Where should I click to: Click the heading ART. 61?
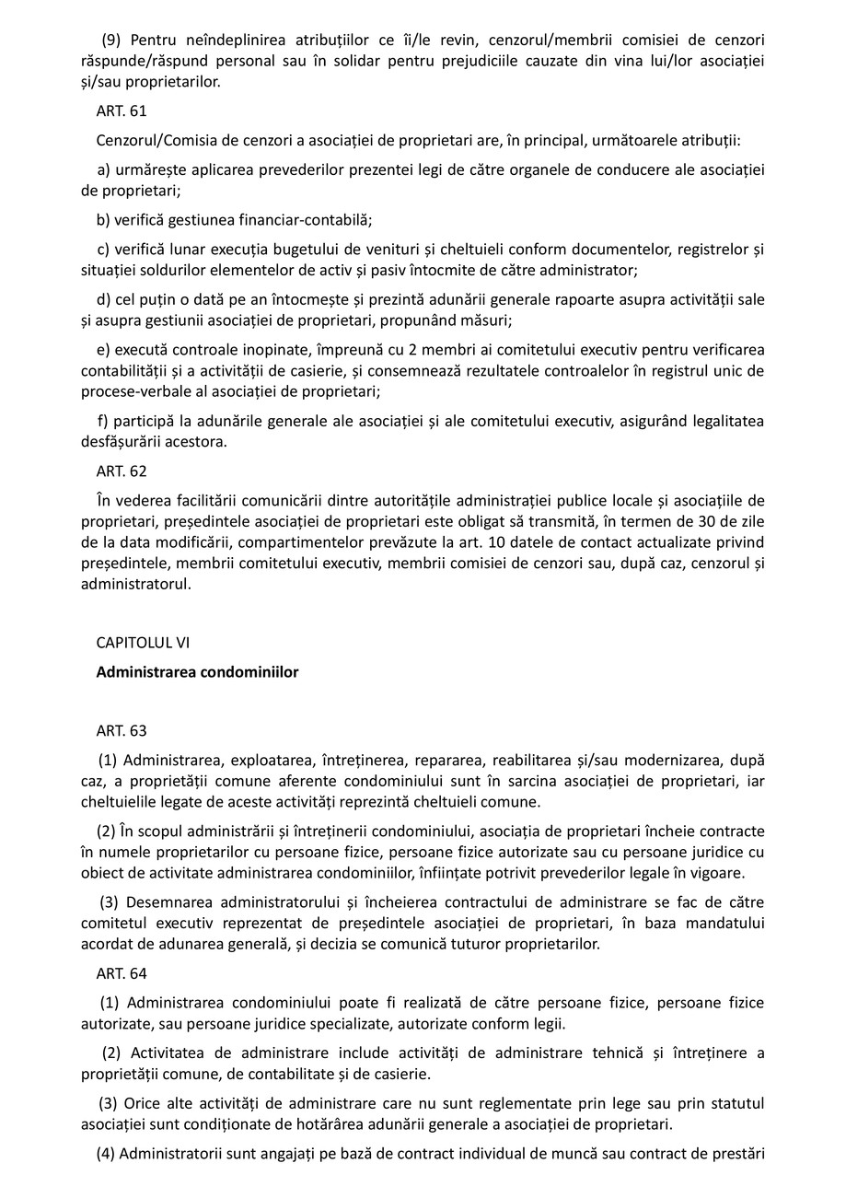(121, 111)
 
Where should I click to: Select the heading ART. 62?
(121, 471)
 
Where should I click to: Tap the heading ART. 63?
(121, 730)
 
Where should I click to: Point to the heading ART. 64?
(121, 972)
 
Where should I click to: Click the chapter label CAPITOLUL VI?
(143, 643)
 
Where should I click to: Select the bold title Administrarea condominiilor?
(197, 672)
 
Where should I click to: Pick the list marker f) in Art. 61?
(101, 421)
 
